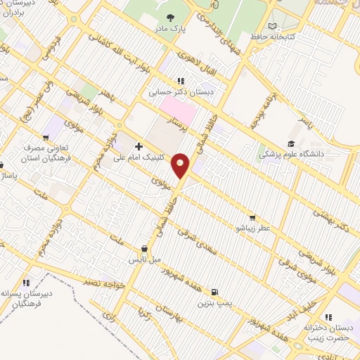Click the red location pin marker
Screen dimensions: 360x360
click(x=181, y=165)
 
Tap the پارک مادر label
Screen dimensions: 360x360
click(x=171, y=29)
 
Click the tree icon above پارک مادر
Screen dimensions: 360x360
click(x=171, y=17)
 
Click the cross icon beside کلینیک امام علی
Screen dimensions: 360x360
click(x=138, y=147)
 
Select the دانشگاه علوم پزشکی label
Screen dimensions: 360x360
click(x=291, y=154)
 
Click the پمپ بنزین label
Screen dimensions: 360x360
click(x=214, y=303)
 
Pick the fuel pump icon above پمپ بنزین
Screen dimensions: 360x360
click(x=214, y=292)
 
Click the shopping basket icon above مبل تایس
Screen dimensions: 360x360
click(x=144, y=248)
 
